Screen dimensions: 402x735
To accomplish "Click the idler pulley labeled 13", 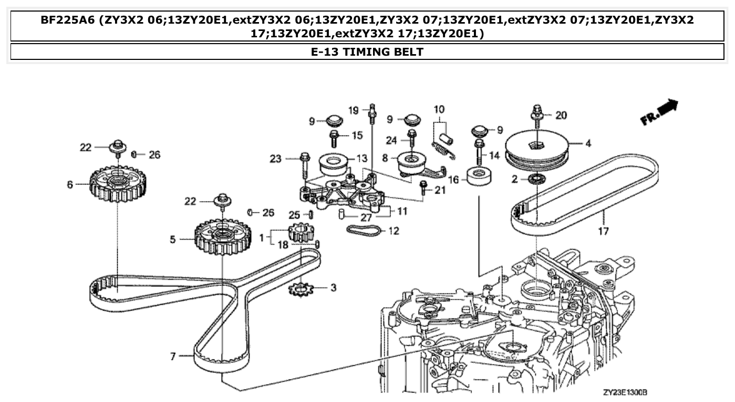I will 334,163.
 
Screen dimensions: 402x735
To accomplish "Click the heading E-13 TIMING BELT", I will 367,51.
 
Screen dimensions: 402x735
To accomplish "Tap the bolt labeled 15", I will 335,138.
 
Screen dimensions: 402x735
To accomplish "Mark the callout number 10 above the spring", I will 439,110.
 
